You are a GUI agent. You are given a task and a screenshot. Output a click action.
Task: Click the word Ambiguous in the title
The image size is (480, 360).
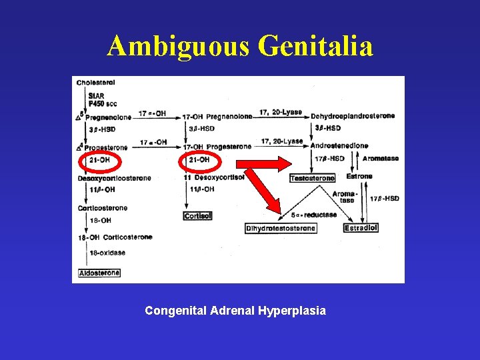(176, 46)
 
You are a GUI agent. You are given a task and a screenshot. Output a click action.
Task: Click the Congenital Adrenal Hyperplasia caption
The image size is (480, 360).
(235, 311)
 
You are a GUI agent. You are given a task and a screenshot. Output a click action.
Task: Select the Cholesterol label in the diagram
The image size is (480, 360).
(96, 83)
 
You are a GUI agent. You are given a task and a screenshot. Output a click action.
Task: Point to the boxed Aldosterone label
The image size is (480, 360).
(99, 273)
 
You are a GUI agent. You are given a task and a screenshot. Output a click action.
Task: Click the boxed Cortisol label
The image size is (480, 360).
(197, 216)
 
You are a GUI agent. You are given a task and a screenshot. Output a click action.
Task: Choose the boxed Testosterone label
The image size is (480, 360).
(313, 178)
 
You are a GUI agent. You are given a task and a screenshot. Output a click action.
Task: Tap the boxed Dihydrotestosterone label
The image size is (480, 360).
(281, 228)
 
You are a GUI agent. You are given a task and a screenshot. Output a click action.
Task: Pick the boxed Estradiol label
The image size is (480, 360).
(361, 228)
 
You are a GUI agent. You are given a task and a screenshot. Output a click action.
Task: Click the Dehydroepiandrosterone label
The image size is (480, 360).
(353, 115)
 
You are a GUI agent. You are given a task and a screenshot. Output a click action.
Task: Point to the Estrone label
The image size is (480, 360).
(359, 177)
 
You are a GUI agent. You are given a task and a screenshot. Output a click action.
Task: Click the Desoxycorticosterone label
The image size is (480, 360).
(114, 178)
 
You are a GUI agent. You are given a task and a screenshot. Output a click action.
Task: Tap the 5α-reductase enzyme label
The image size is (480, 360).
(314, 215)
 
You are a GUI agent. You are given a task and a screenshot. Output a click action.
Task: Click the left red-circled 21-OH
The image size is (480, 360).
(99, 160)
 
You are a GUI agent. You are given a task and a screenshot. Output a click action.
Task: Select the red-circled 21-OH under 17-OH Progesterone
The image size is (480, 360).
(199, 160)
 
